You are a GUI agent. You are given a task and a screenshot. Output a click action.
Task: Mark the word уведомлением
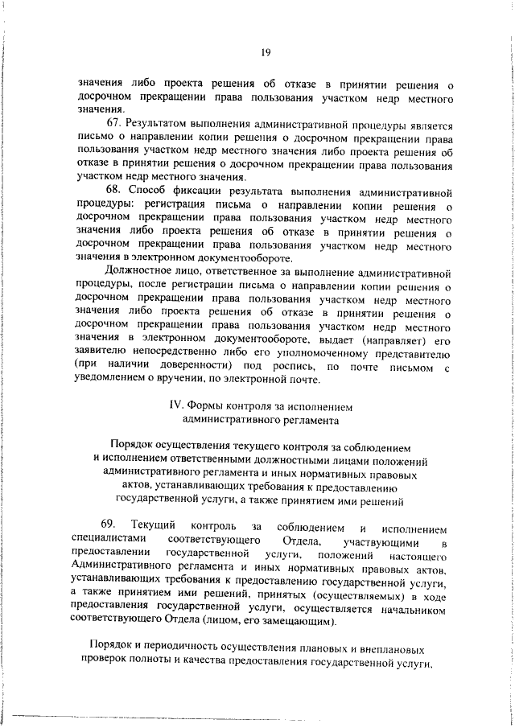point(113,380)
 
